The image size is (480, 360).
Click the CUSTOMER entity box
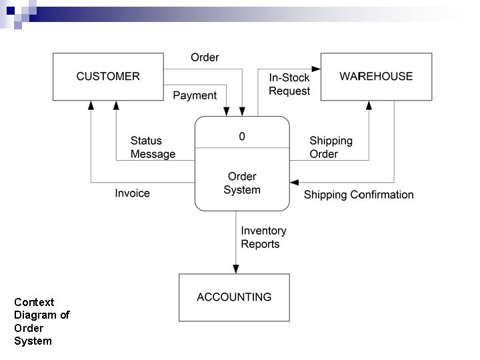pyautogui.click(x=108, y=77)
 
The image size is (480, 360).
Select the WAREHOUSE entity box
pyautogui.click(x=376, y=77)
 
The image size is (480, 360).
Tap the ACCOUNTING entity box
pyautogui.click(x=234, y=297)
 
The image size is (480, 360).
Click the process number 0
pyautogui.click(x=242, y=136)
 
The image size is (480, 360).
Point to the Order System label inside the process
pyautogui.click(x=242, y=183)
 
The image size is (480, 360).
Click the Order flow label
pyautogui.click(x=205, y=57)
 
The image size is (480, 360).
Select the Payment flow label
pyautogui.click(x=195, y=95)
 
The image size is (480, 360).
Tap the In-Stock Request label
pyautogui.click(x=289, y=85)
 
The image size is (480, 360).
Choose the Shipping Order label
pyautogui.click(x=331, y=147)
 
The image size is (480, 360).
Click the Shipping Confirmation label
pyautogui.click(x=359, y=195)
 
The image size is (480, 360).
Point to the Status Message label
pyautogui.click(x=153, y=147)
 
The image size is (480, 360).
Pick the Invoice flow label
pyautogui.click(x=132, y=193)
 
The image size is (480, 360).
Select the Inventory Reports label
pyautogui.click(x=263, y=237)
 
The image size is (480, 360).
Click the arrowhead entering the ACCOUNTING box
pyautogui.click(x=235, y=269)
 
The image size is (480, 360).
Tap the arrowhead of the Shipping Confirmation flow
pyautogui.click(x=295, y=183)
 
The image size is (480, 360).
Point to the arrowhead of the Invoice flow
pyautogui.click(x=91, y=106)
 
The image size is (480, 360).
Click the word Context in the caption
pyautogui.click(x=34, y=302)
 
